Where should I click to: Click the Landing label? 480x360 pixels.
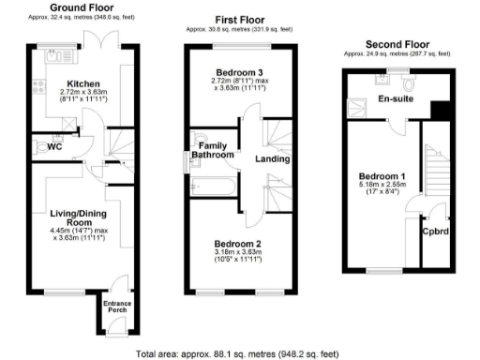[272, 159]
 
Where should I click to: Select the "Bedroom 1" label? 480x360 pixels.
[382, 176]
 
